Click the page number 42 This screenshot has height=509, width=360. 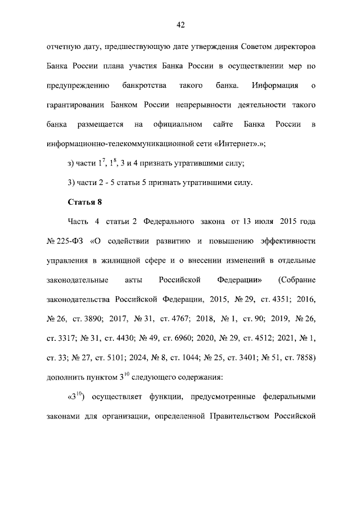(x=180, y=25)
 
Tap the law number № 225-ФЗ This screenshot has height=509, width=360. (x=65, y=241)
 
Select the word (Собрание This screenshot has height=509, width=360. (x=297, y=279)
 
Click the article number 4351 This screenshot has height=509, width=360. (x=273, y=298)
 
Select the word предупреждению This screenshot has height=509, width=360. (x=74, y=86)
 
